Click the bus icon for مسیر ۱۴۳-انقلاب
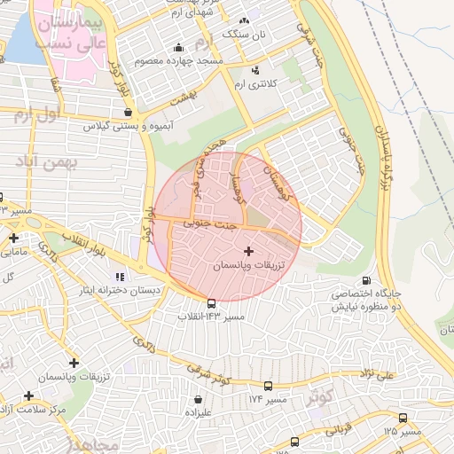pyautogui.click(x=211, y=303)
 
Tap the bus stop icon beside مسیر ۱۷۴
pyautogui.click(x=269, y=387)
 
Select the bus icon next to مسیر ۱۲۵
pyautogui.click(x=403, y=418)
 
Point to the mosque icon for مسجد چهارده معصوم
pyautogui.click(x=179, y=48)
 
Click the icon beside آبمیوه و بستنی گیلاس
pyautogui.click(x=130, y=113)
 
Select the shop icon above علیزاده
pyautogui.click(x=197, y=399)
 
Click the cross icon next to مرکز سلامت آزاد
pyautogui.click(x=29, y=396)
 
